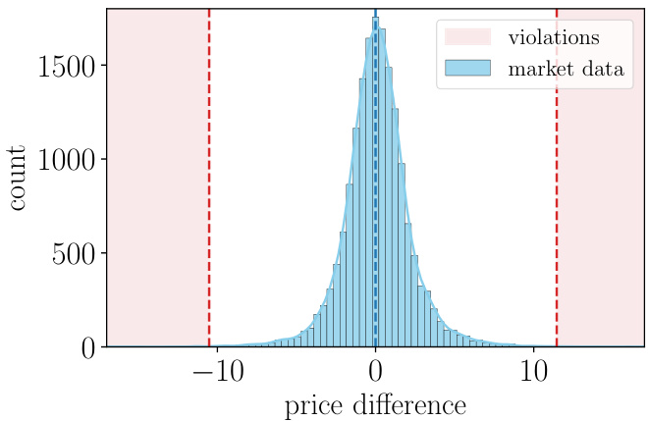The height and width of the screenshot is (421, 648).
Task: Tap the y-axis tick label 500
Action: (76, 254)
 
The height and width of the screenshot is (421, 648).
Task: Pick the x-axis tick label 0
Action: (375, 374)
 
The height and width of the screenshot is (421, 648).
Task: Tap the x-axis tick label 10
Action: (533, 374)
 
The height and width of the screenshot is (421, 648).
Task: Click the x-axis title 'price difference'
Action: (375, 404)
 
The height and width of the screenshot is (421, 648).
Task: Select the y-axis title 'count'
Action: (19, 178)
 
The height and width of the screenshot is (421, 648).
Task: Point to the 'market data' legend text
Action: (566, 70)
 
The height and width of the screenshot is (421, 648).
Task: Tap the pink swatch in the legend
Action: (467, 37)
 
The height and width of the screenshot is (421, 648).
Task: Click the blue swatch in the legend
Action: (467, 69)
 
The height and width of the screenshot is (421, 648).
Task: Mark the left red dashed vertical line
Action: (209, 196)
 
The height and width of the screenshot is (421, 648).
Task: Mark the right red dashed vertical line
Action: (557, 196)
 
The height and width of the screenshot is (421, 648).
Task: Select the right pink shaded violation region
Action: (601, 196)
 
